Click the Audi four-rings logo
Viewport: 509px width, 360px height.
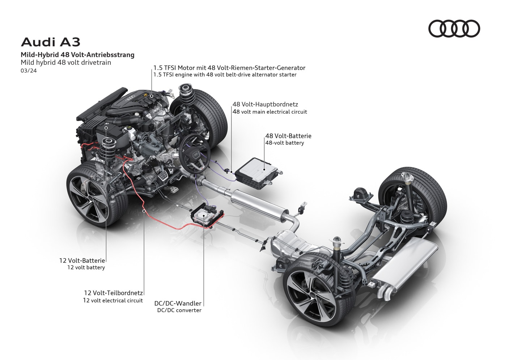pyautogui.click(x=454, y=29)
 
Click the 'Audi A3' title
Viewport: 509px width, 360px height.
pyautogui.click(x=51, y=42)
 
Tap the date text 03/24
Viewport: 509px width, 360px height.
pyautogui.click(x=29, y=71)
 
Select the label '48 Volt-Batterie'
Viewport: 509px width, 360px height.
pyautogui.click(x=288, y=136)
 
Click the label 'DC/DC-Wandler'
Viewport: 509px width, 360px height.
pyautogui.click(x=178, y=304)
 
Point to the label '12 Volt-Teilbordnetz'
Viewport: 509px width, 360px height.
pyautogui.click(x=113, y=293)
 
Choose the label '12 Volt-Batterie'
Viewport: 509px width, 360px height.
pyautogui.click(x=82, y=260)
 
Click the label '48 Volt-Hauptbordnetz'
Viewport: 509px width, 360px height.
pyautogui.click(x=265, y=105)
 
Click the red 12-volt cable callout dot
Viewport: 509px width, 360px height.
pyautogui.click(x=144, y=210)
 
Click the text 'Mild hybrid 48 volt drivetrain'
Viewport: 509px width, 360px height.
pyautogui.click(x=66, y=62)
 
